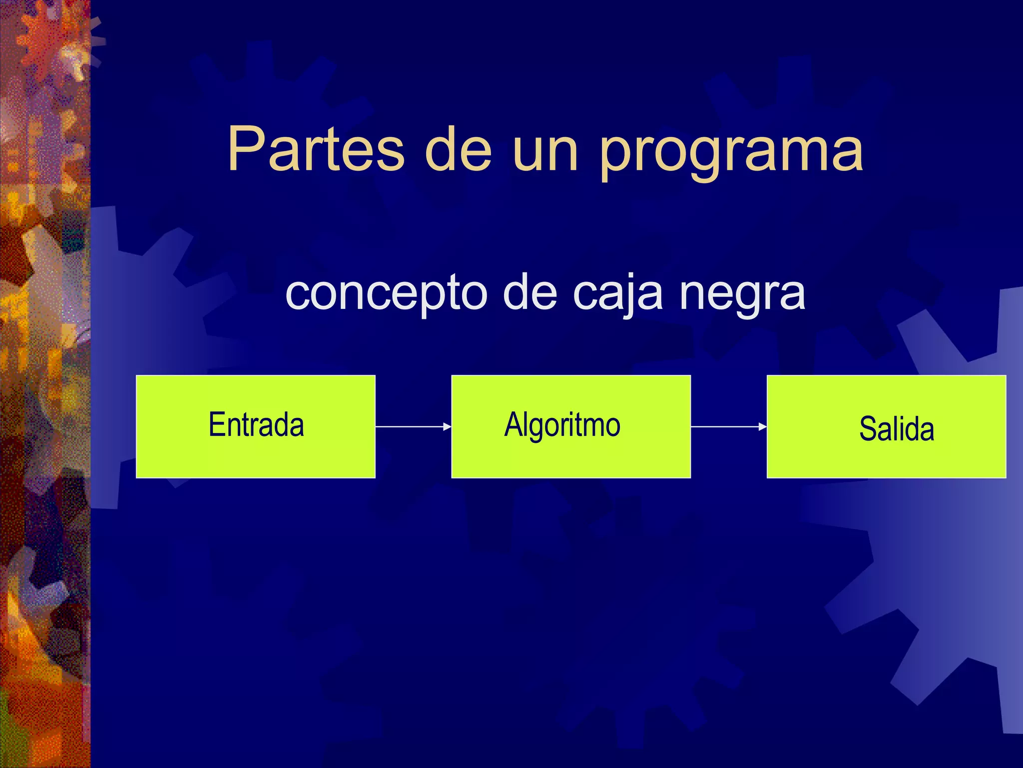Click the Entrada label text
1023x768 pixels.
pos(256,425)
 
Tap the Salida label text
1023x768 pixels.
pos(897,429)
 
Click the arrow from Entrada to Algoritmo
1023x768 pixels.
pos(413,426)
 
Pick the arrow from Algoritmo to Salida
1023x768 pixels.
pos(728,426)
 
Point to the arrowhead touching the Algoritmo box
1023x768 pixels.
pos(448,426)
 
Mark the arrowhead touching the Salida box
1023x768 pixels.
pos(763,426)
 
